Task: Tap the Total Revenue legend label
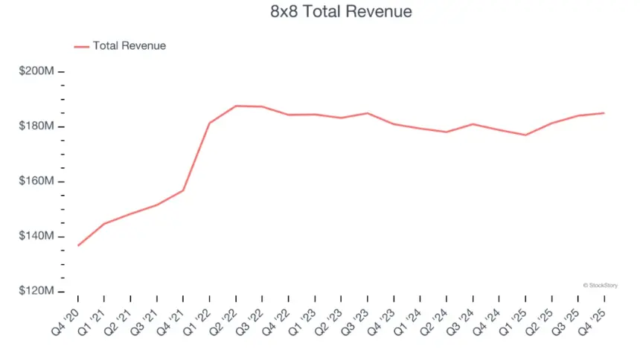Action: [129, 46]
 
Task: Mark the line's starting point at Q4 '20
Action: [78, 245]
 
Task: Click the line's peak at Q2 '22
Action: [236, 106]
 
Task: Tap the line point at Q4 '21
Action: [183, 190]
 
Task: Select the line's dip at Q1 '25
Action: [525, 135]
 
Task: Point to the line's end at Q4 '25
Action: [604, 113]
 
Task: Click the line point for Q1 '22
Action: [209, 123]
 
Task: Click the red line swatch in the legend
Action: [81, 46]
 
